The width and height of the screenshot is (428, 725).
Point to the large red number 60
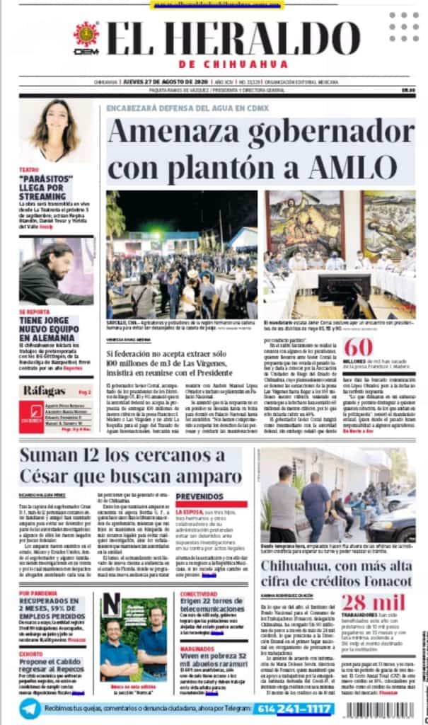[358, 348]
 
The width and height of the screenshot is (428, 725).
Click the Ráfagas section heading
[45, 391]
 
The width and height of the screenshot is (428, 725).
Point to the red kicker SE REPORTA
[34, 312]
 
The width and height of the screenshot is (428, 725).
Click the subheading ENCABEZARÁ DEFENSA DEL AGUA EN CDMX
[183, 108]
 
